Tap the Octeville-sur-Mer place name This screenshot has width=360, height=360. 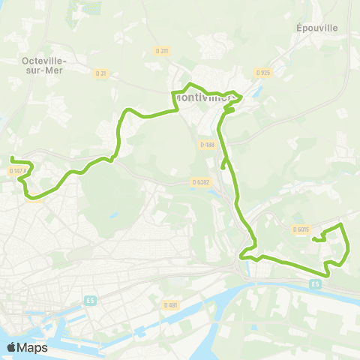tap(42, 64)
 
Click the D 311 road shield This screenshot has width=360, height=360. tap(164, 51)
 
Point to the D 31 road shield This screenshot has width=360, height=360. tap(101, 73)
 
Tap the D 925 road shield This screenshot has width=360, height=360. tap(262, 73)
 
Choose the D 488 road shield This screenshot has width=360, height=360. tap(208, 144)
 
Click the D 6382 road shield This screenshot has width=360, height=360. tap(199, 181)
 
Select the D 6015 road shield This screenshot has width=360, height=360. tap(300, 229)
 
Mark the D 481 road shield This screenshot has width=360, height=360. tap(171, 304)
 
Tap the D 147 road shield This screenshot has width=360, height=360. tap(18, 171)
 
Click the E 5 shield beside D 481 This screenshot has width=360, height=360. tap(91, 301)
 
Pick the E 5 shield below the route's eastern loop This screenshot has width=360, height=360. tap(316, 283)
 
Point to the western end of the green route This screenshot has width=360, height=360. tap(11, 157)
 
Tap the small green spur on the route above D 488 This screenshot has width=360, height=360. tap(229, 109)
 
